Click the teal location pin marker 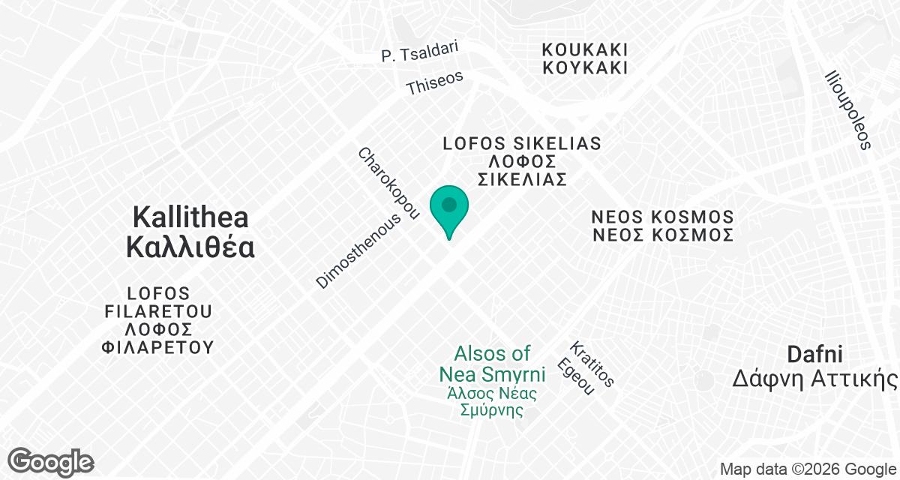pyautogui.click(x=449, y=209)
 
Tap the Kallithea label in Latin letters pyautogui.click(x=190, y=217)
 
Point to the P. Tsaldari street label pyautogui.click(x=419, y=52)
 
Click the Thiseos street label pyautogui.click(x=434, y=82)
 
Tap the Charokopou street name pyautogui.click(x=387, y=184)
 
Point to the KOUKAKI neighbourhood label pyautogui.click(x=585, y=49)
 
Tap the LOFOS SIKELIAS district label pyautogui.click(x=522, y=143)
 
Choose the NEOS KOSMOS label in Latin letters pyautogui.click(x=662, y=217)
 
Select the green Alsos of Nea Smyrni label pyautogui.click(x=492, y=363)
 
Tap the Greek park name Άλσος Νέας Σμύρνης pyautogui.click(x=492, y=401)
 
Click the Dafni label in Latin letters pyautogui.click(x=815, y=354)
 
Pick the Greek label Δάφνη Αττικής pyautogui.click(x=815, y=379)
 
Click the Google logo pyautogui.click(x=51, y=461)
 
